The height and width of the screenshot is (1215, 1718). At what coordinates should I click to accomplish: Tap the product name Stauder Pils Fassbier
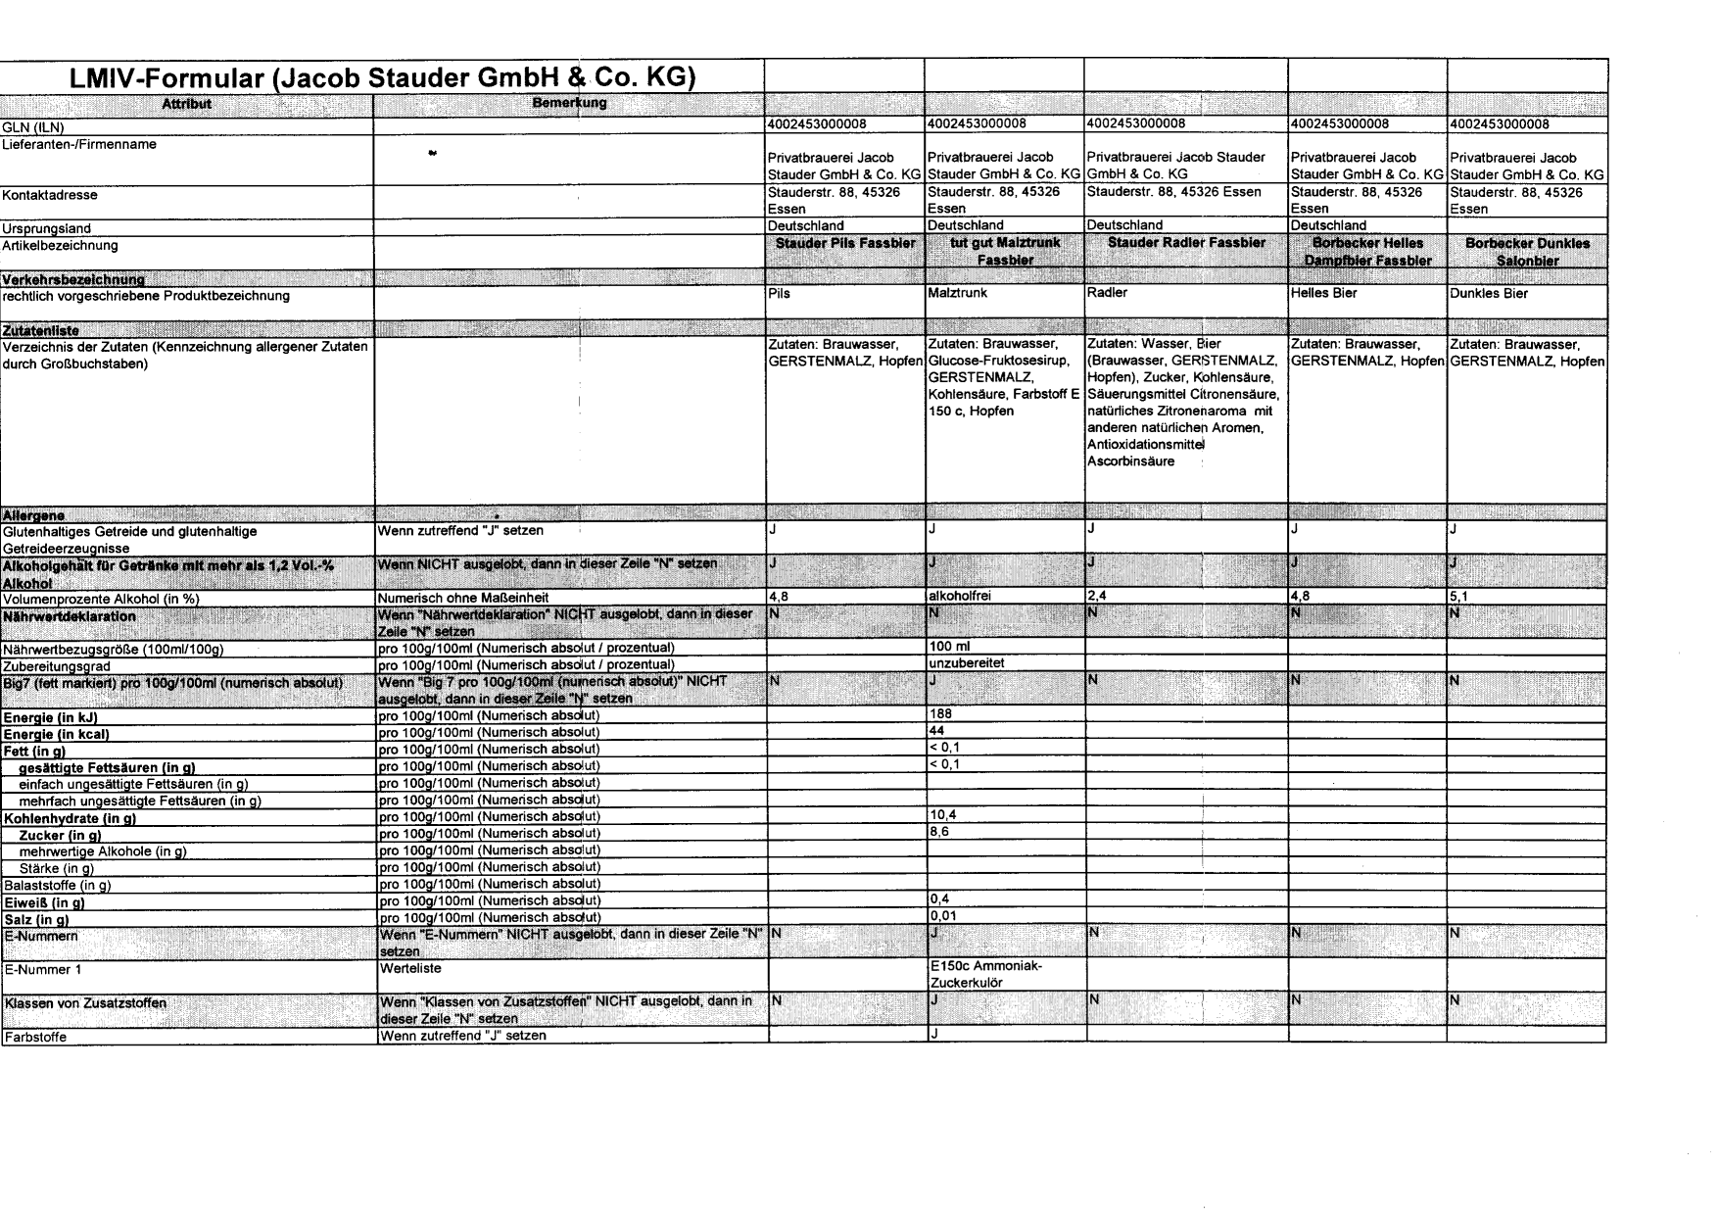point(845,243)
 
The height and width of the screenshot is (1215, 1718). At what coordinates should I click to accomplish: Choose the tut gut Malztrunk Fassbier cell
point(1005,251)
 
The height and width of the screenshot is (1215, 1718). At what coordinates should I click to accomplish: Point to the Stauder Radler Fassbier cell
point(1186,243)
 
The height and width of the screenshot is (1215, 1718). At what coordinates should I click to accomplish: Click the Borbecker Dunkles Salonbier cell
point(1527,252)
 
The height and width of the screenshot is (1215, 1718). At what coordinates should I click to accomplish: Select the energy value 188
point(940,714)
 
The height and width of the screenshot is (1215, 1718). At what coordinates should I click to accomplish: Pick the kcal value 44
point(936,732)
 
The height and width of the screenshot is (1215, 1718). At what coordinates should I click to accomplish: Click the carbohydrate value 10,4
point(941,815)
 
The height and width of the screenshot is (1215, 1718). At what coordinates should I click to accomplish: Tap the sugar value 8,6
point(938,832)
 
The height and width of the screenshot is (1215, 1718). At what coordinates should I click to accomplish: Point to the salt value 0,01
point(942,916)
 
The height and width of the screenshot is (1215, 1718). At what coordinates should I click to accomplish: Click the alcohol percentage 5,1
point(1459,596)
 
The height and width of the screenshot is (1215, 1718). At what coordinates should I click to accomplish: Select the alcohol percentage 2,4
point(1097,596)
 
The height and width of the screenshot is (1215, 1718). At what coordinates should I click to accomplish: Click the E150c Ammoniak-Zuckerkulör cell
point(986,974)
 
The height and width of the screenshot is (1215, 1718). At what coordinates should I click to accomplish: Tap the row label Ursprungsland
point(47,228)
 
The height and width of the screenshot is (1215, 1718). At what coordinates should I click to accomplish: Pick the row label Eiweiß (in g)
point(45,902)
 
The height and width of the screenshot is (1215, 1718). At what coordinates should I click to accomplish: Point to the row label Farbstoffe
point(36,1036)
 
